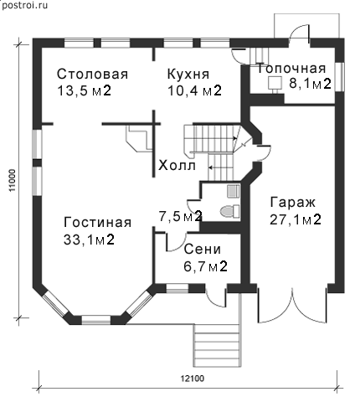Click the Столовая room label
tap(92, 75)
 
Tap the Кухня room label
tap(188, 75)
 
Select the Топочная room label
tap(291, 69)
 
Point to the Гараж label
tap(293, 203)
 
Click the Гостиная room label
tap(97, 223)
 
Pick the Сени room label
tap(203, 249)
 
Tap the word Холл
tap(177, 166)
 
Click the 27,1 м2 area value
tap(296, 219)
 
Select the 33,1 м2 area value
tap(89, 240)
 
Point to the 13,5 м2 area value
tap(84, 91)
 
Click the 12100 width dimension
tap(193, 379)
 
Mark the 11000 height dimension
tap(13, 181)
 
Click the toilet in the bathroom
tap(229, 211)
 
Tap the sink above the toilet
tap(233, 191)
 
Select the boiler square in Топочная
tap(275, 83)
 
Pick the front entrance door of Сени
tap(216, 296)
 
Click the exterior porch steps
tap(217, 345)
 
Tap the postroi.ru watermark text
tap(24, 5)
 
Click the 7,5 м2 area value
tap(180, 216)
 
